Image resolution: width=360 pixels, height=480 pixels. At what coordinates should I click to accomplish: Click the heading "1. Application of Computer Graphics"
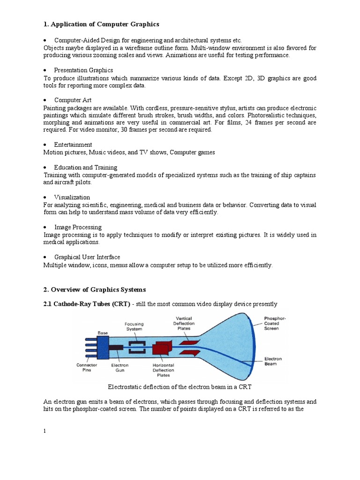[x=101, y=24]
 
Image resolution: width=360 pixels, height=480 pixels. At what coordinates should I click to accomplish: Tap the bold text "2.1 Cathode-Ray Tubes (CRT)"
[x=87, y=304]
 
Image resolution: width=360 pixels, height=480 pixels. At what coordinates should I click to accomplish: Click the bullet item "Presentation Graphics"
[x=83, y=70]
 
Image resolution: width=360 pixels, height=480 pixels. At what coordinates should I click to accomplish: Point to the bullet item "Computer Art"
[x=73, y=100]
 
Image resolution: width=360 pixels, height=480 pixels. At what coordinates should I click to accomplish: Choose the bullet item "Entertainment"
[x=73, y=145]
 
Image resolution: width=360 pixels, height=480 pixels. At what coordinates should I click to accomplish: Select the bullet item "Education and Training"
[x=85, y=167]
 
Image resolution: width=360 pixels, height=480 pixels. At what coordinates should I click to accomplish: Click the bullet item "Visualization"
[x=72, y=197]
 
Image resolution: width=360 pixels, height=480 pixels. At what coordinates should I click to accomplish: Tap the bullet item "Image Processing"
[x=78, y=227]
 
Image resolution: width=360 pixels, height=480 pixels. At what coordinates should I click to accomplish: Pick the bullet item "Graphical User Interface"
[x=87, y=257]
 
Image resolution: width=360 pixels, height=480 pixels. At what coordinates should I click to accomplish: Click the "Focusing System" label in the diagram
[x=134, y=326]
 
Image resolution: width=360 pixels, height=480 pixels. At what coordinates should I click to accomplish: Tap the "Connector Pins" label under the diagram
[x=87, y=367]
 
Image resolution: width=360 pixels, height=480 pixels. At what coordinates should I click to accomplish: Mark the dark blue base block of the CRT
[x=103, y=348]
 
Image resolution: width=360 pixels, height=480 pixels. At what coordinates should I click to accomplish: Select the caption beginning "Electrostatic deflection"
[x=180, y=387]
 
